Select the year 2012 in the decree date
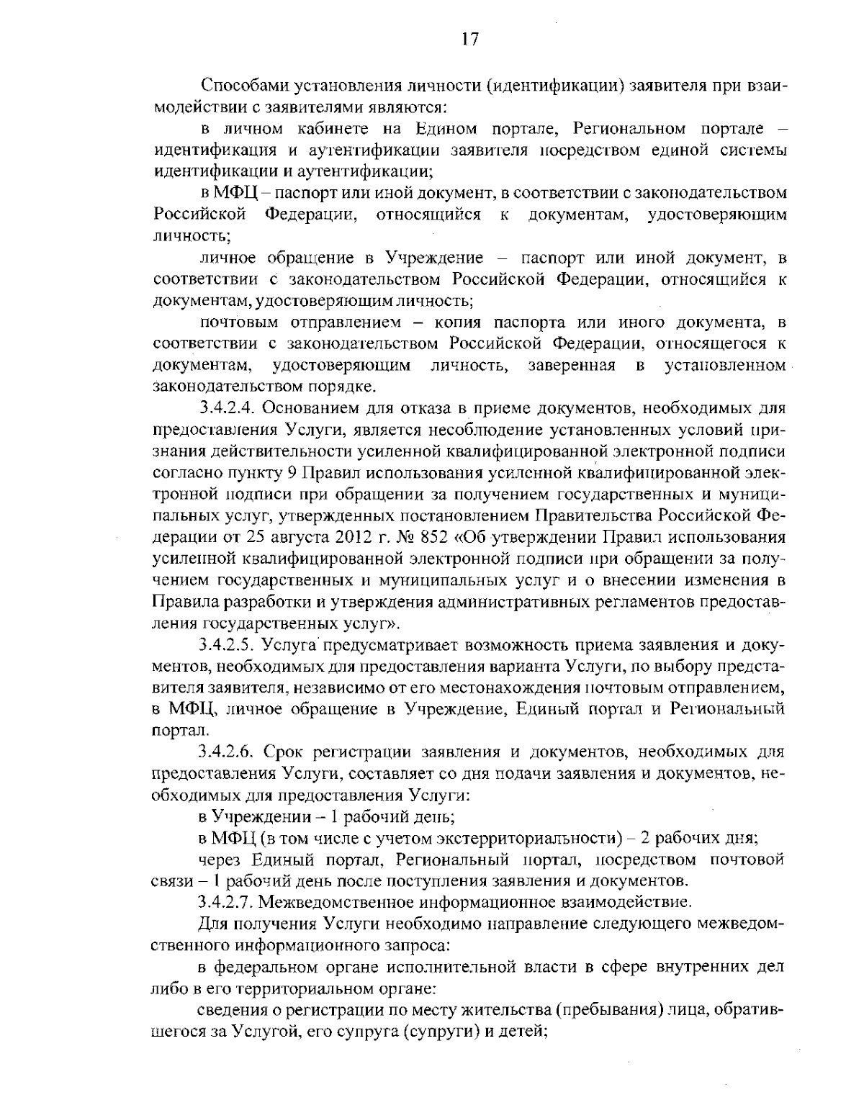click(x=356, y=538)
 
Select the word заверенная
click(x=572, y=366)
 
